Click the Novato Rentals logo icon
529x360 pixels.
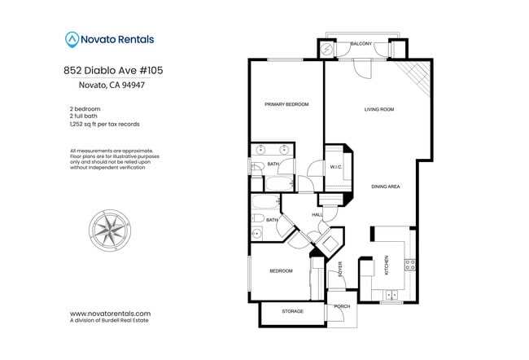pyautogui.click(x=72, y=38)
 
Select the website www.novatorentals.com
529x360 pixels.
pyautogui.click(x=110, y=314)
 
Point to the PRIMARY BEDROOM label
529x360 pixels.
pyautogui.click(x=286, y=104)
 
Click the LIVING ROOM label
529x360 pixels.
pyautogui.click(x=378, y=108)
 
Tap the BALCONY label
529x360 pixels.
pyautogui.click(x=361, y=43)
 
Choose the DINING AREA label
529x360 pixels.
pyautogui.click(x=385, y=187)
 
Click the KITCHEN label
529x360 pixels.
pyautogui.click(x=386, y=266)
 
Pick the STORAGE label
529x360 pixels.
pyautogui.click(x=292, y=311)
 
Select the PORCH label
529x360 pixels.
pyautogui.click(x=342, y=307)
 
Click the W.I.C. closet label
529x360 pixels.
pyautogui.click(x=334, y=167)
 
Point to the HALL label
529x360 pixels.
pyautogui.click(x=317, y=214)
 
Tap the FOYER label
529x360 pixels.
pyautogui.click(x=340, y=270)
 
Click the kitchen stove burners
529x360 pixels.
pyautogui.click(x=410, y=264)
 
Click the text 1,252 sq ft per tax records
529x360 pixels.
pyautogui.click(x=105, y=124)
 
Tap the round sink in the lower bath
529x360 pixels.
pyautogui.click(x=256, y=232)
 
